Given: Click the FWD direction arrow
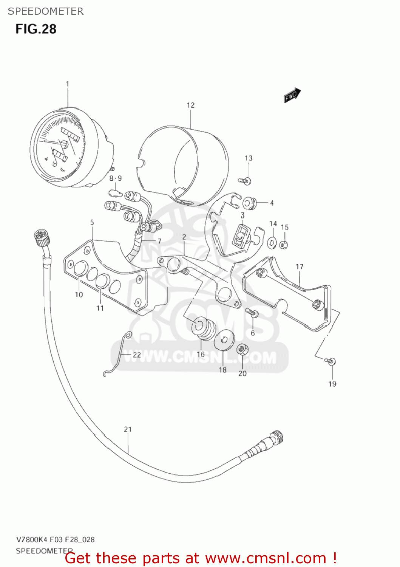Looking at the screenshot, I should coord(292,95).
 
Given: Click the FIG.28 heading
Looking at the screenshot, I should coord(36,29).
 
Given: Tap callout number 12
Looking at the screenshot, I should coord(190,105).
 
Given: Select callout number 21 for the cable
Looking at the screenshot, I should coord(128,429).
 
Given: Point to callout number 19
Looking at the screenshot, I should coord(332,384).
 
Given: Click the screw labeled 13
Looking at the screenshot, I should coord(246,181).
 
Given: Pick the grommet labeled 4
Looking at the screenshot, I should coord(249,203).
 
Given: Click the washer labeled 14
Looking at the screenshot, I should coord(272,242).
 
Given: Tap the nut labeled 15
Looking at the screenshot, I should coord(284,245).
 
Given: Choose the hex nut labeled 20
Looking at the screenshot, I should coord(242,349).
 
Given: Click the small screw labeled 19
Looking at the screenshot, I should coord(330,361).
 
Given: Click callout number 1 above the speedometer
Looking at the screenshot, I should coord(68,84).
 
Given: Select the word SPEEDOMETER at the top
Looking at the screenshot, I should coord(46,11).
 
